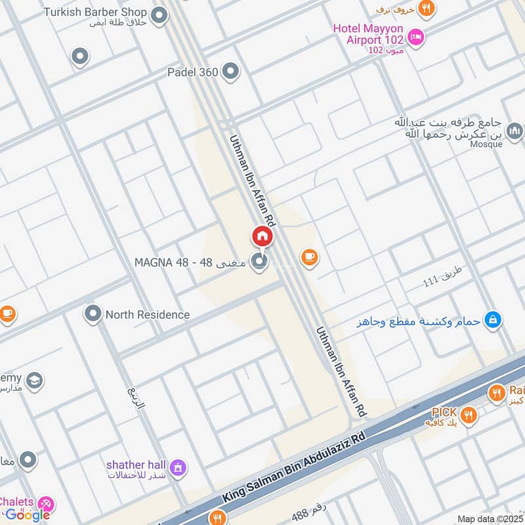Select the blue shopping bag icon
click(493, 320)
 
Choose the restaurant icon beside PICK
click(468, 413)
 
